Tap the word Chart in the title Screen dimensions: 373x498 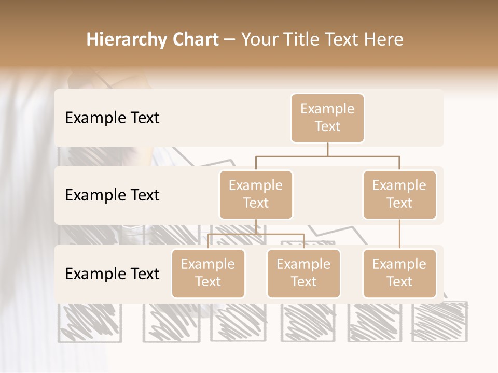(x=195, y=39)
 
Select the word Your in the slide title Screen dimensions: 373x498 (x=259, y=39)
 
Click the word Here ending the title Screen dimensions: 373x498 (x=384, y=39)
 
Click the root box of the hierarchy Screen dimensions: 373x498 (x=327, y=118)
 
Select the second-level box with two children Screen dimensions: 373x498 (x=256, y=195)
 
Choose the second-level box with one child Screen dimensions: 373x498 (x=399, y=195)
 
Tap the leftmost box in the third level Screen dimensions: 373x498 (x=208, y=274)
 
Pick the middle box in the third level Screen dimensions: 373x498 (x=303, y=274)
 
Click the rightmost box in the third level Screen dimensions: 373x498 (x=399, y=274)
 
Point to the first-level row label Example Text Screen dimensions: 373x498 (x=112, y=118)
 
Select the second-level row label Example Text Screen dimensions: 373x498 (x=112, y=195)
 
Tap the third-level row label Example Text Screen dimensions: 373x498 (x=112, y=274)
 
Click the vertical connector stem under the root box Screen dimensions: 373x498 (x=327, y=149)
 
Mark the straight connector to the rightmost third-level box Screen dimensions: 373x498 (x=399, y=234)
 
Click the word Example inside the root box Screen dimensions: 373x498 (x=327, y=109)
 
